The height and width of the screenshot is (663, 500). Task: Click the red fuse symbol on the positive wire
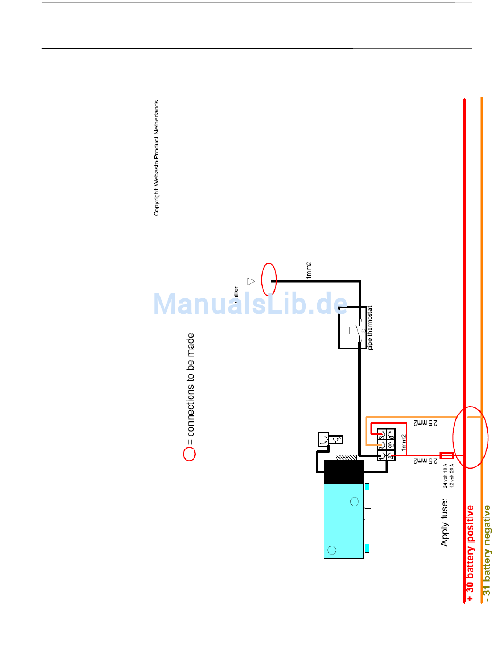pyautogui.click(x=446, y=455)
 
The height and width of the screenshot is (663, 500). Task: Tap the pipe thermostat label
pyautogui.click(x=371, y=328)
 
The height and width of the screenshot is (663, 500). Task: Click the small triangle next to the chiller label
pyautogui.click(x=251, y=281)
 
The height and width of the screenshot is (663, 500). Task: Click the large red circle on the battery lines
pyautogui.click(x=467, y=437)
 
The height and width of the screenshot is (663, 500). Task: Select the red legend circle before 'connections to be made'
pyautogui.click(x=189, y=454)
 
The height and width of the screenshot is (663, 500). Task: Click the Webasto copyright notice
pyautogui.click(x=156, y=158)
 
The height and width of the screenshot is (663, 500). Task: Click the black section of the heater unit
pyautogui.click(x=343, y=471)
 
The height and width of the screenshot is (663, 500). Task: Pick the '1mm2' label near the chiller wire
pyautogui.click(x=309, y=270)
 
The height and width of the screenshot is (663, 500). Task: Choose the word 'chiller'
pyautogui.click(x=236, y=296)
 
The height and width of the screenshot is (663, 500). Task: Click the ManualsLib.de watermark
pyautogui.click(x=251, y=304)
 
